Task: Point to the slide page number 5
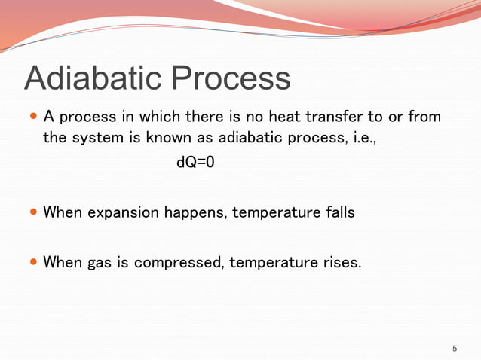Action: (455, 348)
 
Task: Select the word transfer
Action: (328, 117)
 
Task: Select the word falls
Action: (337, 212)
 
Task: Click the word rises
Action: (340, 263)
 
